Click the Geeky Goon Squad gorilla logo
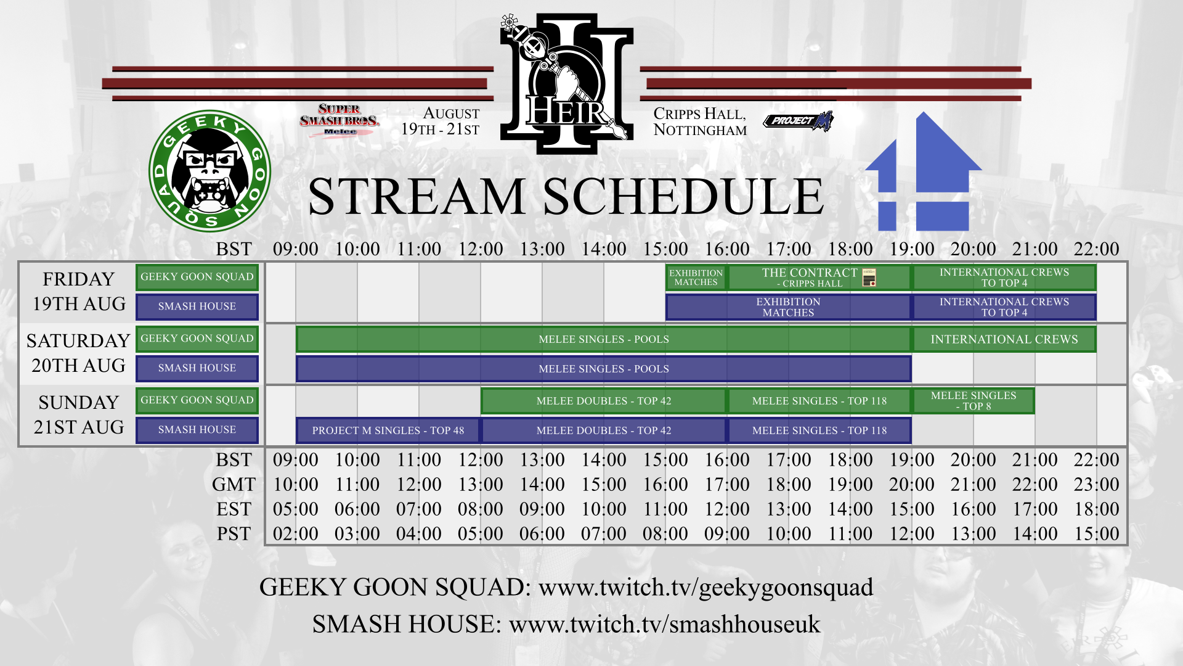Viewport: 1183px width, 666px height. [209, 171]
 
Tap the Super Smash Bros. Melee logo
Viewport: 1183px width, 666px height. [339, 120]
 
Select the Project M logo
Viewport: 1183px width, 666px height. [799, 121]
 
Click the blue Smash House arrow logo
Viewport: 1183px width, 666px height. [923, 173]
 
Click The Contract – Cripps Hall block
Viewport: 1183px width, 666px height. [819, 277]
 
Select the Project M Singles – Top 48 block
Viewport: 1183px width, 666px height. [388, 430]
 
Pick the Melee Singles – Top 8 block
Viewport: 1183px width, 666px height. [973, 401]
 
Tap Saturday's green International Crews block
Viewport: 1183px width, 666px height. [1004, 339]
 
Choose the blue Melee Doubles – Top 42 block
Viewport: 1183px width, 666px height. [604, 430]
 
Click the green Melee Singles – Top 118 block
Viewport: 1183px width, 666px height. [819, 401]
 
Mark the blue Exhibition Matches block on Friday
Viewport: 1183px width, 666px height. [788, 307]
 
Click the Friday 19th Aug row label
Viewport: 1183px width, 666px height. [79, 292]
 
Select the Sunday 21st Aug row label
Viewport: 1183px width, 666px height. [79, 415]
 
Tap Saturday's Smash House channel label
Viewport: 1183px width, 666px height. [197, 368]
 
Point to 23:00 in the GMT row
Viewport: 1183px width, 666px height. [1096, 485]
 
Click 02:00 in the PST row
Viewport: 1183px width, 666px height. [296, 534]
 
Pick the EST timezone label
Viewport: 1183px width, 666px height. [234, 509]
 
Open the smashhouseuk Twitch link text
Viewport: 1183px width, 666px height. [664, 624]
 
